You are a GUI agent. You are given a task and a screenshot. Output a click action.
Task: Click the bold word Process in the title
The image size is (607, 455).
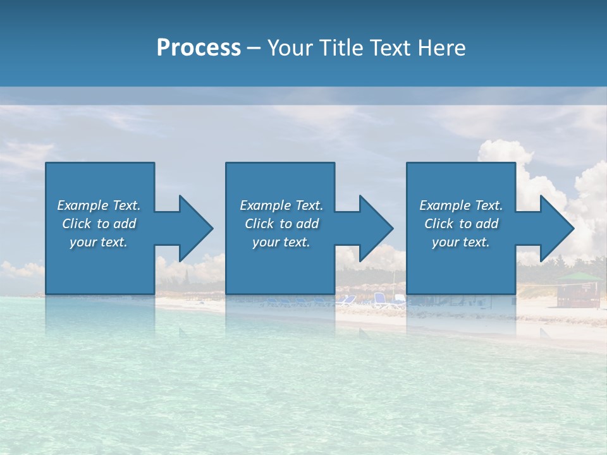click(x=199, y=48)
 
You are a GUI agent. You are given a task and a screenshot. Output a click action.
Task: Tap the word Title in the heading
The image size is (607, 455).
click(x=343, y=48)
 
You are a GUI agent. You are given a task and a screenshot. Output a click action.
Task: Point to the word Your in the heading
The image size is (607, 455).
click(x=291, y=48)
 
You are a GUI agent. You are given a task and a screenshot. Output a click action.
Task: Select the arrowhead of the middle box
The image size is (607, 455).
click(x=375, y=228)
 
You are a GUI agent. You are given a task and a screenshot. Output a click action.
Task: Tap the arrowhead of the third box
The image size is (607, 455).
click(x=556, y=228)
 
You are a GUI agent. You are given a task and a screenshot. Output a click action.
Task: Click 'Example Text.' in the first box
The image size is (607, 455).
click(x=99, y=205)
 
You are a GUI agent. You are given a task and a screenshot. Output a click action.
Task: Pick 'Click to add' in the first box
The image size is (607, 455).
click(x=99, y=224)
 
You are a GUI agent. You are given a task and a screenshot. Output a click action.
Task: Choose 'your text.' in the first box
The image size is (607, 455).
click(x=99, y=242)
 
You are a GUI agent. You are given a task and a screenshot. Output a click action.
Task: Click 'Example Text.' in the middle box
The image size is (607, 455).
click(x=281, y=205)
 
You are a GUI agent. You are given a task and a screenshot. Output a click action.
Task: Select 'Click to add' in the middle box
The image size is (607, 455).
click(x=281, y=224)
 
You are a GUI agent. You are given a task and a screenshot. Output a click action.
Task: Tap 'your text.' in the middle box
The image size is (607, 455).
click(x=281, y=242)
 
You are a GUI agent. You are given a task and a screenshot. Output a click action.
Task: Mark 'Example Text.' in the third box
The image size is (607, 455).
click(x=461, y=205)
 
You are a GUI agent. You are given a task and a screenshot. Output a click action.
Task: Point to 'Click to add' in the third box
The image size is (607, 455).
click(x=461, y=224)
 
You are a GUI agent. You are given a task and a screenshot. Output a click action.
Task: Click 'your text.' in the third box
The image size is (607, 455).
click(x=461, y=242)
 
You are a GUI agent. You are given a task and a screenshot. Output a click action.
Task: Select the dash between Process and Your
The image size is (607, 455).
click(x=254, y=48)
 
